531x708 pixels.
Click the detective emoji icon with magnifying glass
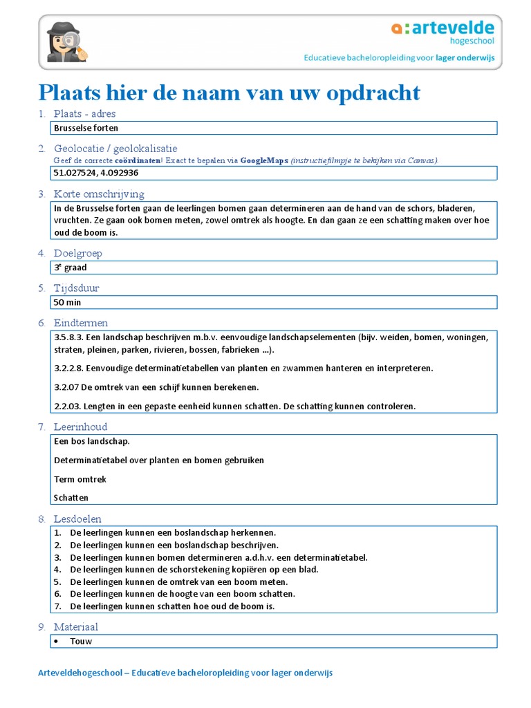(x=66, y=41)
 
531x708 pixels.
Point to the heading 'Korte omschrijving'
(x=99, y=194)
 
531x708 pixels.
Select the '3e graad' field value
(x=71, y=268)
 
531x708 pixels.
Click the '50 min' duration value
(x=68, y=302)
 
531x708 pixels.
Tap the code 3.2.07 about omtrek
(x=66, y=387)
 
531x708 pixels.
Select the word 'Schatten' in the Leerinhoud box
(x=71, y=497)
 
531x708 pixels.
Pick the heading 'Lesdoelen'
(x=77, y=519)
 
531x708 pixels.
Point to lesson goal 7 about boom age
(x=172, y=606)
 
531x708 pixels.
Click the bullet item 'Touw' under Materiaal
(x=81, y=641)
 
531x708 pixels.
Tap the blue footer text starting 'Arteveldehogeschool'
(x=185, y=673)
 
